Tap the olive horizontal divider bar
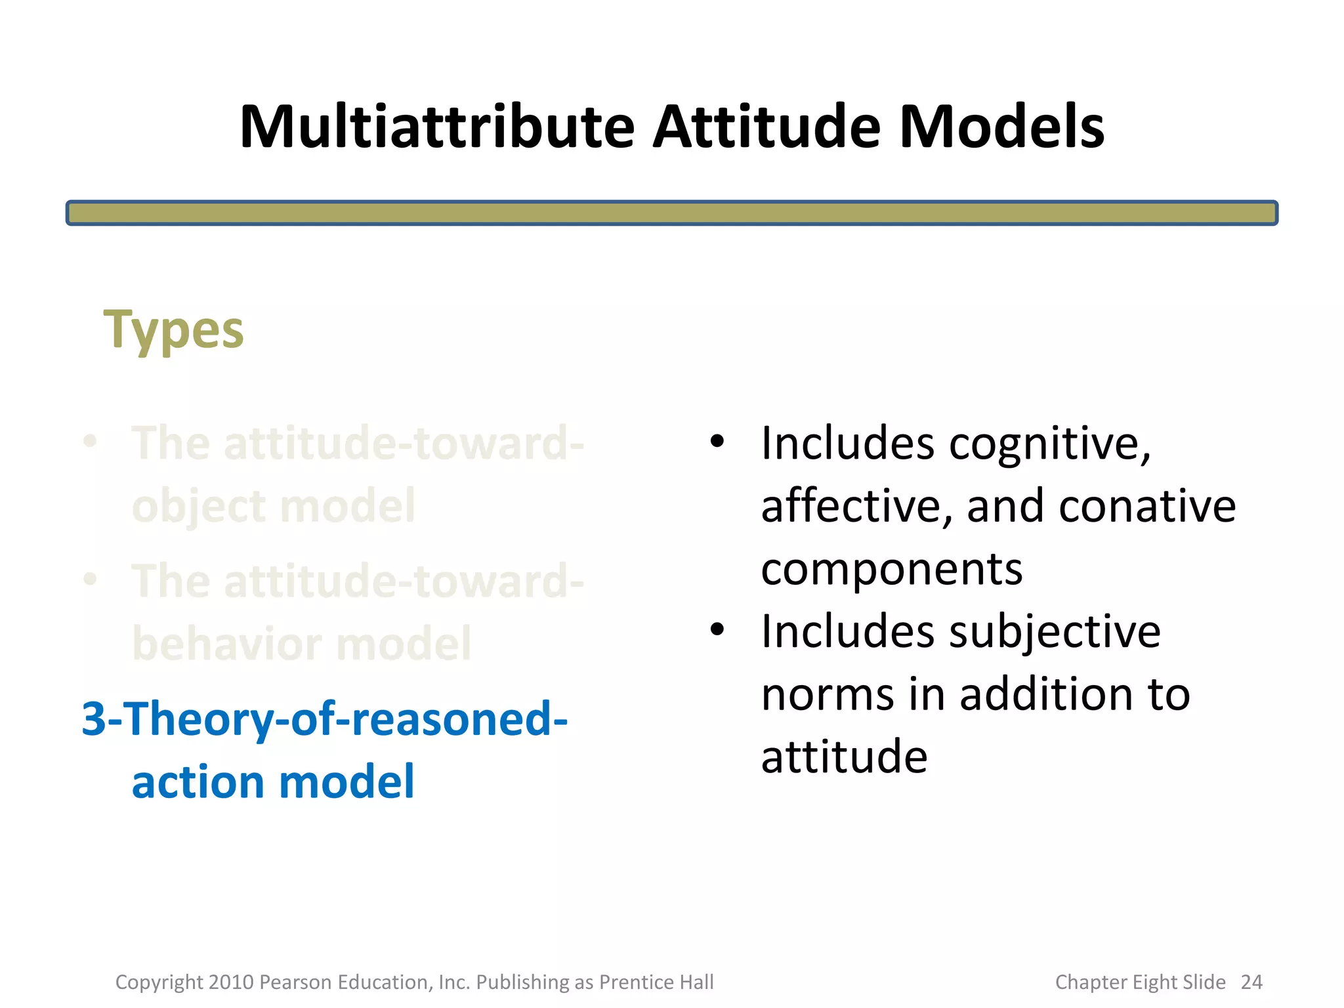671,213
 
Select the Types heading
174,330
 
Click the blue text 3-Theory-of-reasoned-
325,719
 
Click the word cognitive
1050,444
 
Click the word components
892,569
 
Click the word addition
1047,694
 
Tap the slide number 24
1251,982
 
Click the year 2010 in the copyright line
231,982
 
